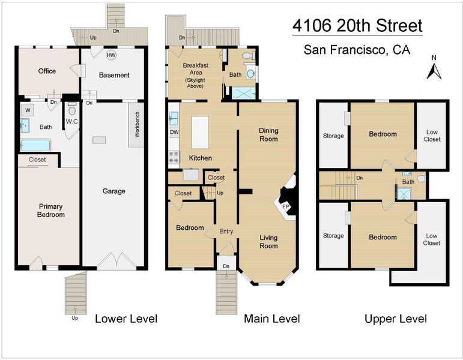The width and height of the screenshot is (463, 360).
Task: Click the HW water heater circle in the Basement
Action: (x=111, y=55)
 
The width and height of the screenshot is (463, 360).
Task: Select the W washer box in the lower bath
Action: (x=28, y=110)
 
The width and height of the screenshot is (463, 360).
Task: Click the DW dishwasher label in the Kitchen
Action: (x=175, y=132)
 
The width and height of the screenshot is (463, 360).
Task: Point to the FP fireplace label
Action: (x=285, y=206)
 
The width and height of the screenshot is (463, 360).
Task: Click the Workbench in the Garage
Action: (x=136, y=125)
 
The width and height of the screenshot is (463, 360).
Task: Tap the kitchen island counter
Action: (x=200, y=132)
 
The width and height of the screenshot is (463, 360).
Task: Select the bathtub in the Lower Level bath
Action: (x=35, y=145)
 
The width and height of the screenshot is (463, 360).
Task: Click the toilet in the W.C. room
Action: (x=71, y=109)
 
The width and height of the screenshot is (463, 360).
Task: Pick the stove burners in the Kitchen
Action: (x=174, y=157)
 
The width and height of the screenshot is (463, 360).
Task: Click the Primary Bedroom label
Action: (x=51, y=211)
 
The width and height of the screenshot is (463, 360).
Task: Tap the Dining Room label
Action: (x=268, y=134)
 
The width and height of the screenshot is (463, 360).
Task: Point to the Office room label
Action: (x=47, y=71)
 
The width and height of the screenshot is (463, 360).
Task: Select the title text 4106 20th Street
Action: (x=357, y=26)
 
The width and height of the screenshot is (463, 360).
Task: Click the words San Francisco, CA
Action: (x=357, y=50)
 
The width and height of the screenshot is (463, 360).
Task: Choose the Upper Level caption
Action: (x=396, y=319)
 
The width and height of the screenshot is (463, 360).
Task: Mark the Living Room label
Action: (x=268, y=242)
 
